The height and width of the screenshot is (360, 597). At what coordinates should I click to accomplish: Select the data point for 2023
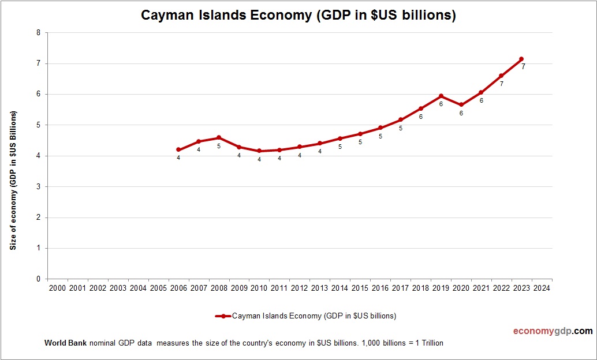tap(521, 59)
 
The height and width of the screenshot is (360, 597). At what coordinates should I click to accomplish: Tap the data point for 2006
tap(178, 149)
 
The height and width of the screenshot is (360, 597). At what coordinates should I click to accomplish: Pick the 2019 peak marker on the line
tap(441, 96)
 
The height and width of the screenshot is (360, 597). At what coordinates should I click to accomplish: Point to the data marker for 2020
tap(461, 105)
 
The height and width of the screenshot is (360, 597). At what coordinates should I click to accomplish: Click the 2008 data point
tap(219, 137)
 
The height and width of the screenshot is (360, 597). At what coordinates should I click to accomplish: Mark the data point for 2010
tap(259, 151)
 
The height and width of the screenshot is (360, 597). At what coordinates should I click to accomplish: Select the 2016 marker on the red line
tap(380, 127)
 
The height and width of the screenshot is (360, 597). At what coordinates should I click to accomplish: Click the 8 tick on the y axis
tap(38, 33)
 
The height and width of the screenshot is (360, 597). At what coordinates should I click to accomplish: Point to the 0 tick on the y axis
tap(38, 279)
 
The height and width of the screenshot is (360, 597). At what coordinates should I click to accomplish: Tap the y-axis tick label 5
tap(38, 125)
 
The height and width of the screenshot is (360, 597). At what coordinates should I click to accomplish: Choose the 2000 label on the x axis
tap(57, 288)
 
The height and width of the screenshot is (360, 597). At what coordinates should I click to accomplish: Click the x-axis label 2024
tap(542, 288)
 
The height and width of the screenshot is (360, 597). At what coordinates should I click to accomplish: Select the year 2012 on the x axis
tap(299, 288)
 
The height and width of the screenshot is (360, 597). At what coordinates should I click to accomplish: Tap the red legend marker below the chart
tap(223, 316)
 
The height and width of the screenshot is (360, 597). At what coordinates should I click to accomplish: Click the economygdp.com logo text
tap(553, 331)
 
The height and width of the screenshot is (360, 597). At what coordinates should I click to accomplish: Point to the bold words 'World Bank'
tap(65, 343)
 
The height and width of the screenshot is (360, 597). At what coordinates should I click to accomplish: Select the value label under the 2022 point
tap(501, 84)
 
